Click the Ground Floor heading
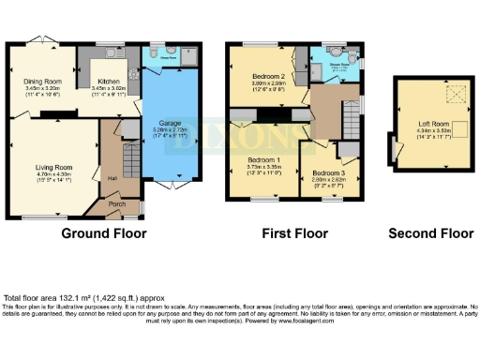[x=102, y=232]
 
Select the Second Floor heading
[x=431, y=232]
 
